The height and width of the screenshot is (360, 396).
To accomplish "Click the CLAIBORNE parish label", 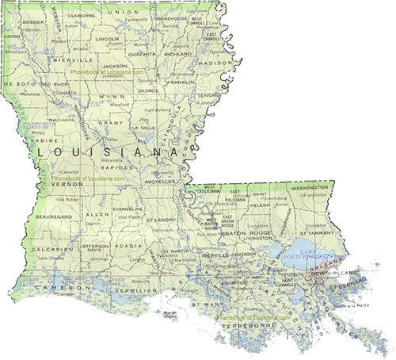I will click(82, 14).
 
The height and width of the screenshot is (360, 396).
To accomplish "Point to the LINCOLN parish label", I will click(106, 38).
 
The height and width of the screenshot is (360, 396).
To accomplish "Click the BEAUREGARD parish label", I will click(52, 216).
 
